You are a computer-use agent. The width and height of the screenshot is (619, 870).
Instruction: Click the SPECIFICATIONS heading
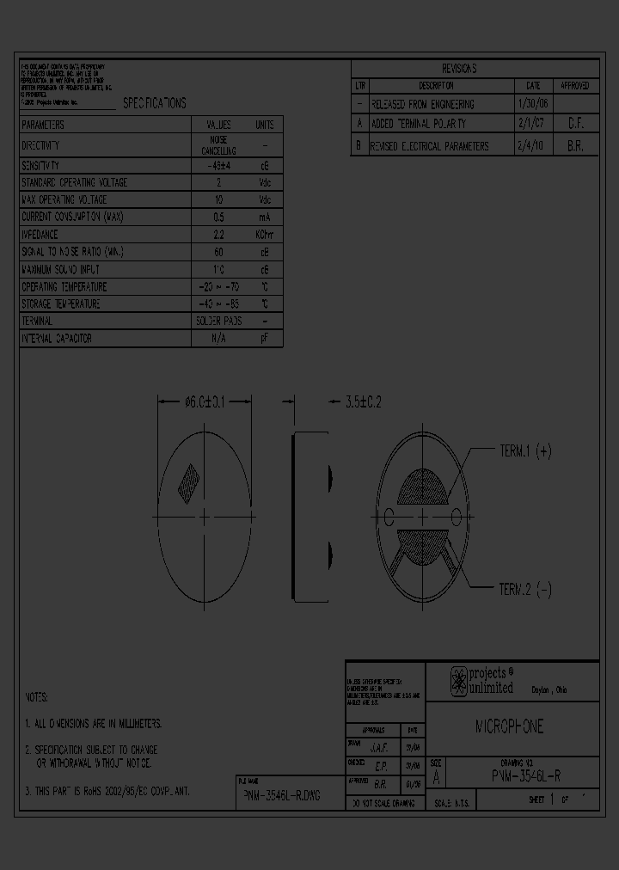(154, 103)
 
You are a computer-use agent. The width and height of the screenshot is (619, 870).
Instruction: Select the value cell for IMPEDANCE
(218, 234)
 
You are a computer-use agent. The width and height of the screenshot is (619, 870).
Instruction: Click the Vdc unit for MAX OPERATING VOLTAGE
(264, 199)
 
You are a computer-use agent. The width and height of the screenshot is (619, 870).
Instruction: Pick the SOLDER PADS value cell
(218, 321)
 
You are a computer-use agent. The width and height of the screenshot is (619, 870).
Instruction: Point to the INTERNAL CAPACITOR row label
(57, 339)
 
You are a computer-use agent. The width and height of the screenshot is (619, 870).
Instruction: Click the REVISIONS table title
(459, 69)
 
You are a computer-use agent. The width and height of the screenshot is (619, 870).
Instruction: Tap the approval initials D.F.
(575, 125)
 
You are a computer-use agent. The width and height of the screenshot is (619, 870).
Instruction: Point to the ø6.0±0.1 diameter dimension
(205, 401)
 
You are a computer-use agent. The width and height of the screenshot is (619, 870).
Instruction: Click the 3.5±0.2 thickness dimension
(362, 401)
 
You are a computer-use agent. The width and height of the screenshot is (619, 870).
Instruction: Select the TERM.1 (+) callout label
(525, 450)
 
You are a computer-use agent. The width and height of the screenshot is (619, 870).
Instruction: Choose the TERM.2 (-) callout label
(525, 589)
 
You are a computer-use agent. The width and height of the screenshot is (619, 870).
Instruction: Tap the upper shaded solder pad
(421, 487)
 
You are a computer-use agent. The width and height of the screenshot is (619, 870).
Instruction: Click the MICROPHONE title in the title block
(510, 727)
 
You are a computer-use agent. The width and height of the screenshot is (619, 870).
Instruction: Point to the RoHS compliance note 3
(110, 790)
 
